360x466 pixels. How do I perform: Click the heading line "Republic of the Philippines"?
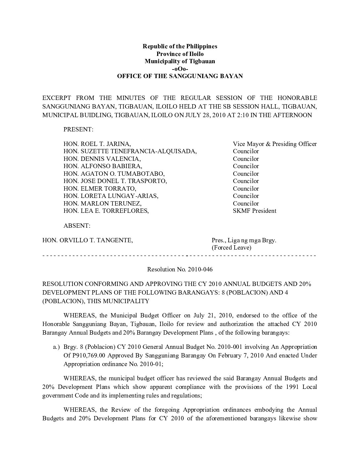coord(180,46)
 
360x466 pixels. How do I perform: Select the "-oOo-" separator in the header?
coord(180,69)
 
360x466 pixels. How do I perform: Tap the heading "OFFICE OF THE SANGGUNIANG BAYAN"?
coord(180,76)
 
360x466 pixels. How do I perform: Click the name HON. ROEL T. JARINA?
coord(97,144)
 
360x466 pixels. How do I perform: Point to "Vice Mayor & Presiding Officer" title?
coord(275,144)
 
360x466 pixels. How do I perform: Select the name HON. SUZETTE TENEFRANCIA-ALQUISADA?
coord(130,151)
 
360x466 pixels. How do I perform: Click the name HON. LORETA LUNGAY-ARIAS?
coord(111,196)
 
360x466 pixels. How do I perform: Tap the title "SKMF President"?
coord(254,211)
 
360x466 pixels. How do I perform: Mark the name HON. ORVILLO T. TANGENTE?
coord(88,240)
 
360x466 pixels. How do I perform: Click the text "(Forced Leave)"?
coord(231,248)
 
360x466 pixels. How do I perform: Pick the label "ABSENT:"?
coord(77,226)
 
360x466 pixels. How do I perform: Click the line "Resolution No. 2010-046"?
coord(180,269)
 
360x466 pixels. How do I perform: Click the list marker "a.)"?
coord(56,347)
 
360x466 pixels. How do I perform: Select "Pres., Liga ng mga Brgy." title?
coord(244,240)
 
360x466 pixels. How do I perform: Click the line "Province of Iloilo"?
coord(180,54)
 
